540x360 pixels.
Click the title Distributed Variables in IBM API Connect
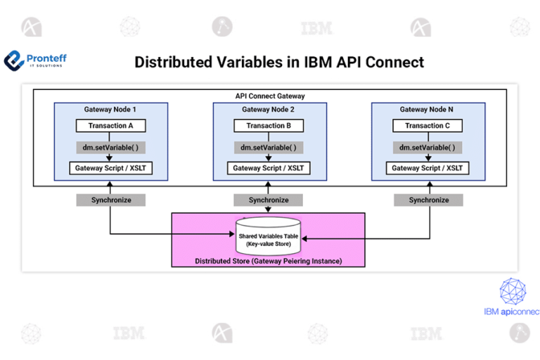coord(279,62)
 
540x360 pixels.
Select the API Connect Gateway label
coord(269,96)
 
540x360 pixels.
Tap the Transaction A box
coord(110,126)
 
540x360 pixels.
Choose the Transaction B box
coord(269,126)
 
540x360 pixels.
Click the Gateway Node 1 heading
coord(110,110)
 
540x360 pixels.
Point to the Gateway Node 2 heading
coord(269,110)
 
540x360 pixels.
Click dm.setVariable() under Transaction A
coord(110,148)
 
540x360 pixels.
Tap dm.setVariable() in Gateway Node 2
coord(269,148)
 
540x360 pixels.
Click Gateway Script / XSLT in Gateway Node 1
coord(110,168)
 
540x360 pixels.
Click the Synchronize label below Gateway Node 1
coord(110,200)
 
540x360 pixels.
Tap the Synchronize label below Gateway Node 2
coord(269,200)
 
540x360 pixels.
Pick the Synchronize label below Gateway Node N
coord(429,200)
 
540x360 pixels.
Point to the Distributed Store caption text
coord(269,261)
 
